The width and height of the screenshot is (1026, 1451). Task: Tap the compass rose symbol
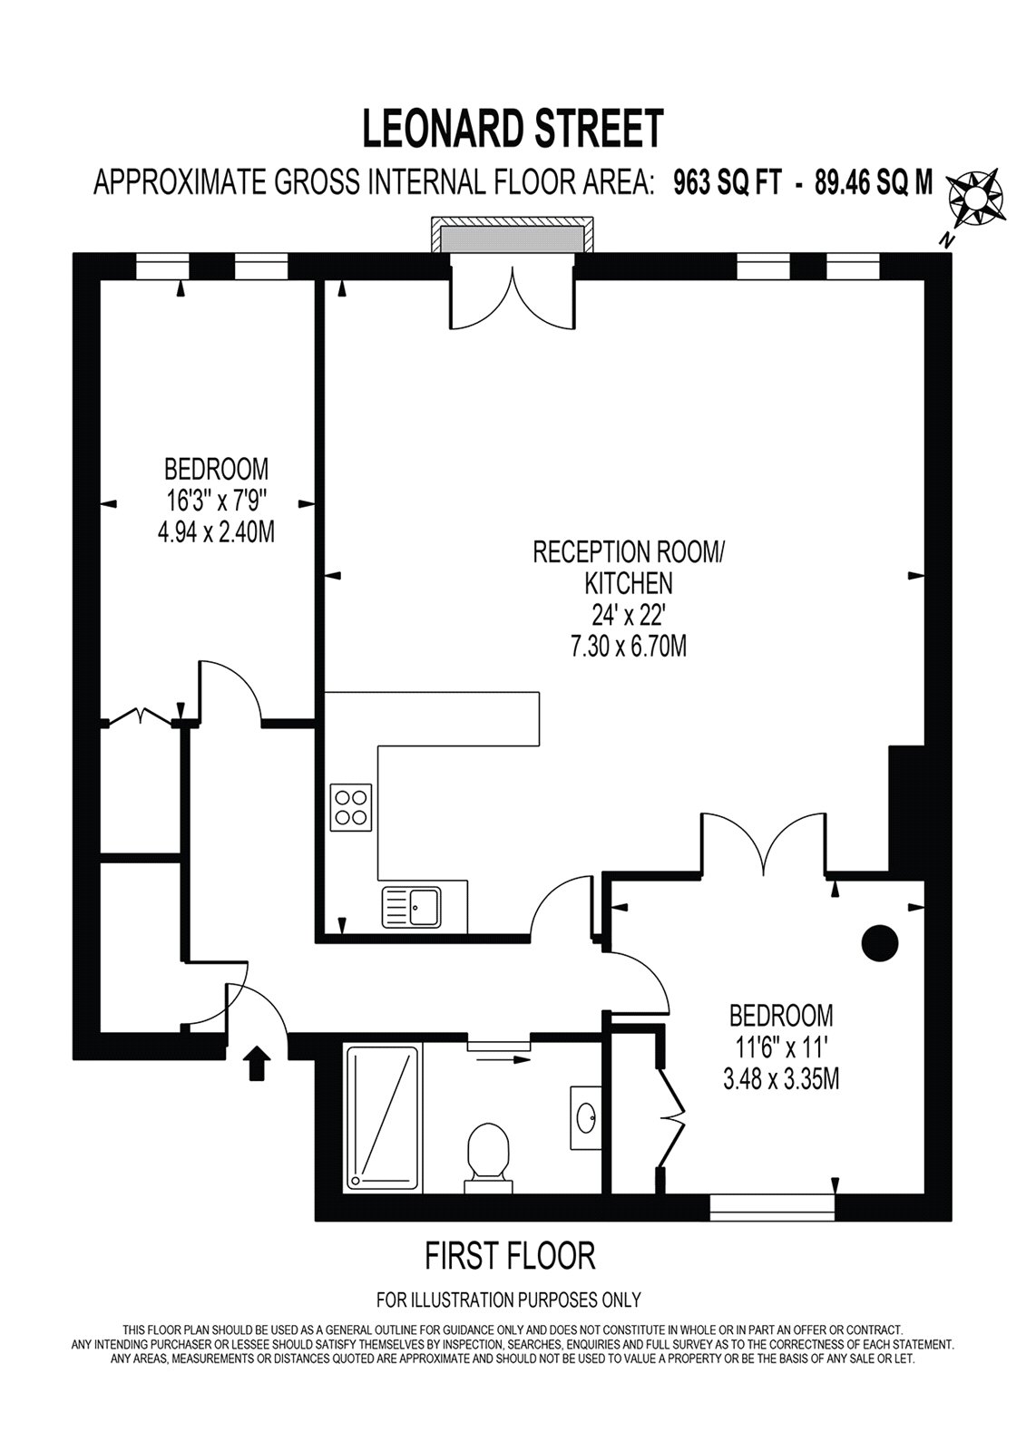[x=977, y=199]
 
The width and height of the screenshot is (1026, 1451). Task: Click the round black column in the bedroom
[x=880, y=943]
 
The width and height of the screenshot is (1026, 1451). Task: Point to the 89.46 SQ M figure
[x=874, y=183]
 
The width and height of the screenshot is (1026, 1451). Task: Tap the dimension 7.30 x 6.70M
[x=628, y=647]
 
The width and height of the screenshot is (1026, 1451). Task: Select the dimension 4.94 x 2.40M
[x=216, y=532]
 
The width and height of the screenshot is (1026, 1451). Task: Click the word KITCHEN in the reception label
[x=628, y=584]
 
